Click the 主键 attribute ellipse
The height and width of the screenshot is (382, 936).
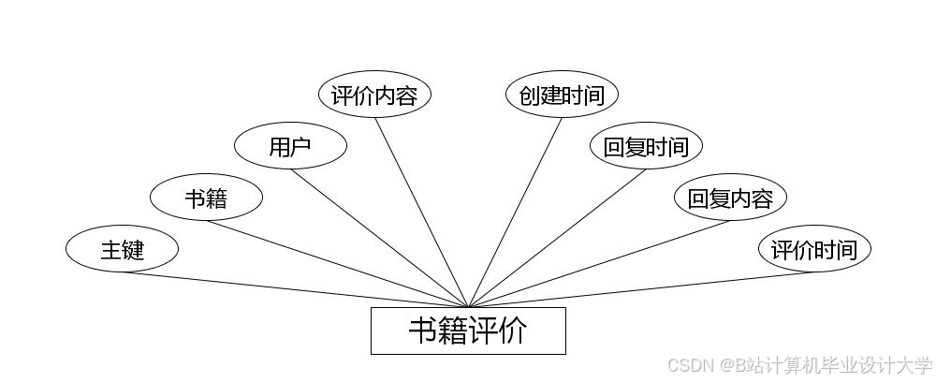coord(122,250)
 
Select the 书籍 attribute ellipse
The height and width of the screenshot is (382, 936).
coord(206,198)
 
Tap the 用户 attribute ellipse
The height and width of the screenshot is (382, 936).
coord(290,147)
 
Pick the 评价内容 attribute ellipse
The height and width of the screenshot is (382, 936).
coord(374,95)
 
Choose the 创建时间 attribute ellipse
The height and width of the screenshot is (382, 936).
coord(562,95)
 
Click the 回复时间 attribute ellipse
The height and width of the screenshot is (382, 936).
coord(646,147)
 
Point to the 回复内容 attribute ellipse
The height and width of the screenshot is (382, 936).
coord(730,198)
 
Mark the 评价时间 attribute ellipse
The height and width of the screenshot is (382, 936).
coord(813,250)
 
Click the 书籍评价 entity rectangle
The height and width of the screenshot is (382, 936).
coord(468,331)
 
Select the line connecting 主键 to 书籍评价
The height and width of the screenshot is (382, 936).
coord(295,289)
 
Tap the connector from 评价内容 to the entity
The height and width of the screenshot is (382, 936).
coord(421,213)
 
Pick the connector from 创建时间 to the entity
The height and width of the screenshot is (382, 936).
coord(515,213)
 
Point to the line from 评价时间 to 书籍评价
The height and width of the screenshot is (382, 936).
coord(641,289)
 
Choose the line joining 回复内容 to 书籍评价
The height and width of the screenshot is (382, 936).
coord(599,264)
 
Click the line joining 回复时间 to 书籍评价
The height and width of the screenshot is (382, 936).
coord(557,238)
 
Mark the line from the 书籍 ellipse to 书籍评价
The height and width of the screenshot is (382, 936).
coord(337,264)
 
